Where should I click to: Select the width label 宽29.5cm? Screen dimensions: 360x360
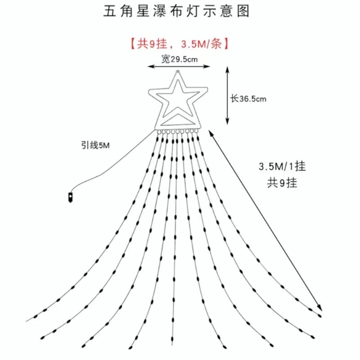(179, 59)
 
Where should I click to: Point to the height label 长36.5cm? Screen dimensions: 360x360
(248, 99)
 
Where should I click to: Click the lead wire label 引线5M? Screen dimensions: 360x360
(95, 145)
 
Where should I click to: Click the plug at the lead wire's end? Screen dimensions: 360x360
(70, 197)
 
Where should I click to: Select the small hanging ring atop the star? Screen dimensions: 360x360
(178, 71)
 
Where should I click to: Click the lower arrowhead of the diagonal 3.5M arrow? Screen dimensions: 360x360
(320, 308)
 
